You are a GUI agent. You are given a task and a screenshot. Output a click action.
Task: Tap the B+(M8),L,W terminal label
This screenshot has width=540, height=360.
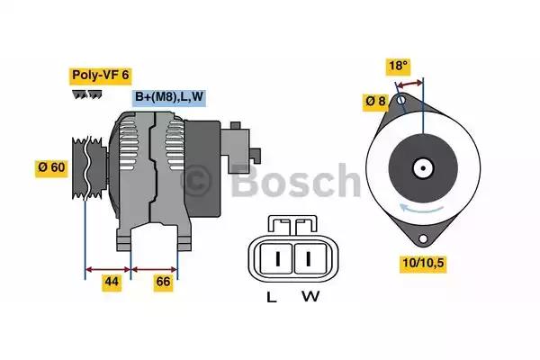pyautogui.click(x=169, y=97)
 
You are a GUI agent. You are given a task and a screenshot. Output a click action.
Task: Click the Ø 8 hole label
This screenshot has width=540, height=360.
pyautogui.click(x=375, y=103)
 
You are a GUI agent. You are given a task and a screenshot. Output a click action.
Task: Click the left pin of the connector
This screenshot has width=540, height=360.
pyautogui.click(x=278, y=259)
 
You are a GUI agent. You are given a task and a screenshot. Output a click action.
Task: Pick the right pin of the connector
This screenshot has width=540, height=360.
pyautogui.click(x=308, y=259)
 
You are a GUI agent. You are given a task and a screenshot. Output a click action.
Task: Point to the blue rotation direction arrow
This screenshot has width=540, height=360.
pyautogui.click(x=423, y=209)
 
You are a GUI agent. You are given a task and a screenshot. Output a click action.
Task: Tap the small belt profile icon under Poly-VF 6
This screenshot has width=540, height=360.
pyautogui.click(x=88, y=94)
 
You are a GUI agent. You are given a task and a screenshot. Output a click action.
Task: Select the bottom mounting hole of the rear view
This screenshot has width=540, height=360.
pyautogui.click(x=423, y=238)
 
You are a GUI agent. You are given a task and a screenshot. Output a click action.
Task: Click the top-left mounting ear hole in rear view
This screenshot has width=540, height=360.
pyautogui.click(x=398, y=103)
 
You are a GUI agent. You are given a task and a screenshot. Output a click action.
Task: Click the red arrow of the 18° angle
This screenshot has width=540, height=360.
pyautogui.click(x=409, y=84)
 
